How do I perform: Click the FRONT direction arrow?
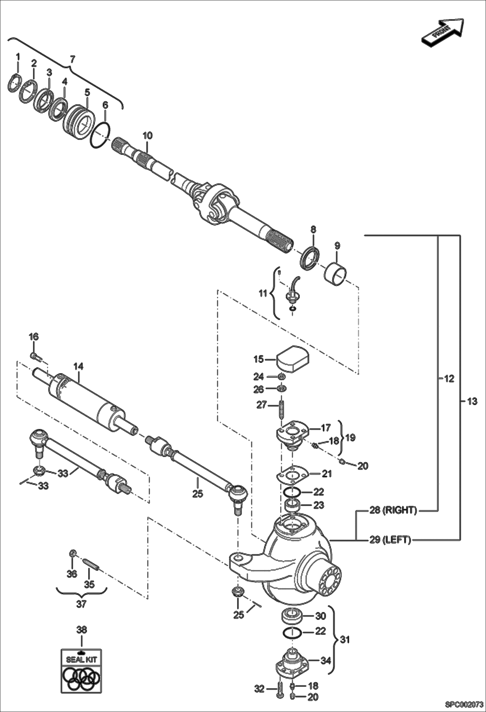443,32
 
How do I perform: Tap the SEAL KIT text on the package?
81,659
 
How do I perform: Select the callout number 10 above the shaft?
147,136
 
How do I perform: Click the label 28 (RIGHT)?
393,510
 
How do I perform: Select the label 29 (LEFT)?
390,540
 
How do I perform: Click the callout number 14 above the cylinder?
78,366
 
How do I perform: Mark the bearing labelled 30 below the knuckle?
292,616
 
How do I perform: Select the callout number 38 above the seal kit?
81,630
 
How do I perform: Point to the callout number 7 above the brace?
72,59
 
